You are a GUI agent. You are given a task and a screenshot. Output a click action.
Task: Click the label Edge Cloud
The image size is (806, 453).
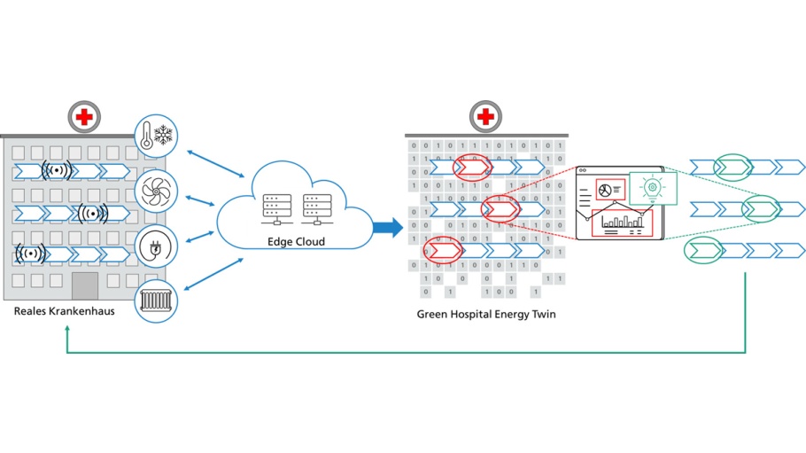296,242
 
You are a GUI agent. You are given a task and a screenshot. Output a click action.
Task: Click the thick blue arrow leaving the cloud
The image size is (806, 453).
387,228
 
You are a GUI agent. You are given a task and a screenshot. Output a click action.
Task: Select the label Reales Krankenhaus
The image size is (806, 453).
58,312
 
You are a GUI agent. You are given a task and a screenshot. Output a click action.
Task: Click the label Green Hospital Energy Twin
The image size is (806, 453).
486,315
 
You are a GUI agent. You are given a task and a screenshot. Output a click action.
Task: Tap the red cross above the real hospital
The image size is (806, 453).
85,116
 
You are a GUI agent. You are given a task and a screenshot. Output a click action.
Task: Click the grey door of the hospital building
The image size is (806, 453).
85,286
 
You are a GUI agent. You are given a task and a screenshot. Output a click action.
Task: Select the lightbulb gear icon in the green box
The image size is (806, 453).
653,187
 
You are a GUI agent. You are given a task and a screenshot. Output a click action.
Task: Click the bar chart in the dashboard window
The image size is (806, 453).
623,222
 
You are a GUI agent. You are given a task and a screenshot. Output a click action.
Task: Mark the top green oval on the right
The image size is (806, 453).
732,167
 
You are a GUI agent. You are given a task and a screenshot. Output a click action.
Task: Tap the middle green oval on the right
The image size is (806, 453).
760,209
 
